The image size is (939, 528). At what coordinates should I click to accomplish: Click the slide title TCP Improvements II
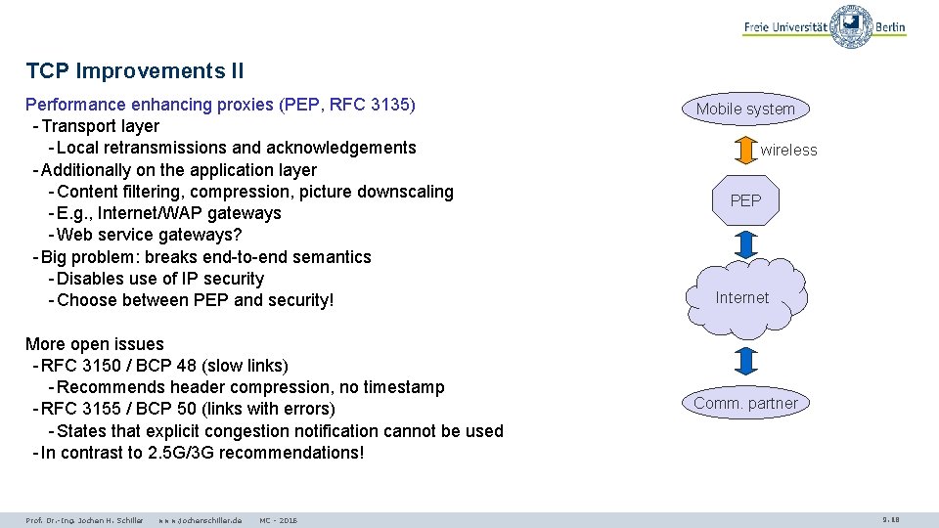coord(135,70)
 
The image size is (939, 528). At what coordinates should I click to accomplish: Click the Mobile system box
coord(745,109)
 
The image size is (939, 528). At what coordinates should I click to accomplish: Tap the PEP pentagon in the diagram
coord(745,200)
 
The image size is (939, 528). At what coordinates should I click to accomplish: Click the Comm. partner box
coord(745,403)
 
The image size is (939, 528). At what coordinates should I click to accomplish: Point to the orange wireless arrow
coord(745,151)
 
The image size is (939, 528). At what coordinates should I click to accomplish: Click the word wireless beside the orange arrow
coord(788,151)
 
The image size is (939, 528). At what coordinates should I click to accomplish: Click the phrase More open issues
coord(95,344)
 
